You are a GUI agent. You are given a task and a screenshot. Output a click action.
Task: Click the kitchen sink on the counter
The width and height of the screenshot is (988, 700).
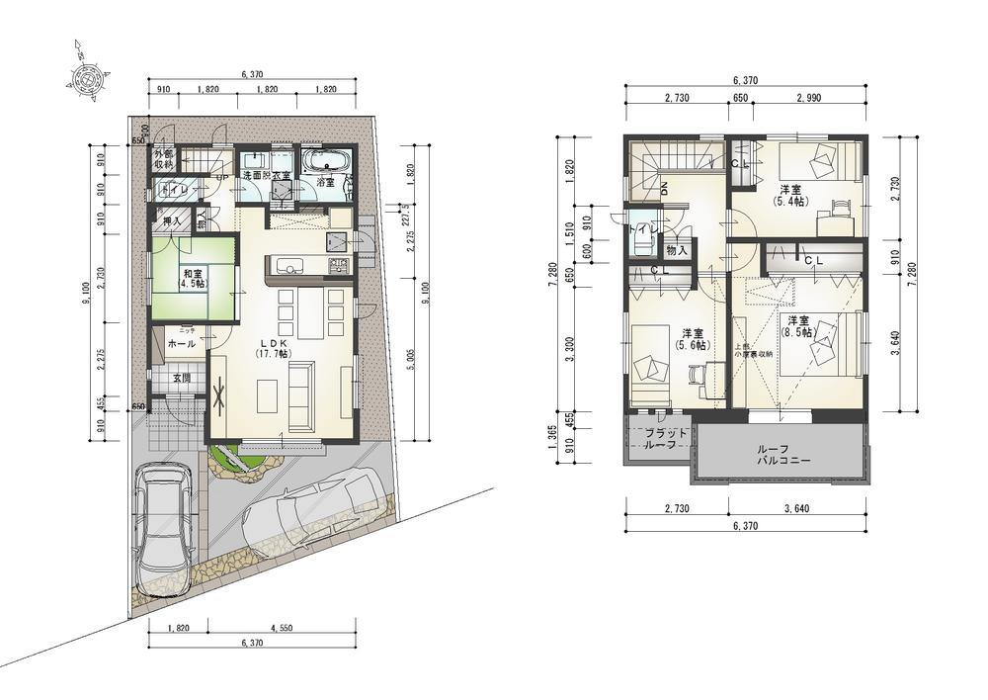288,264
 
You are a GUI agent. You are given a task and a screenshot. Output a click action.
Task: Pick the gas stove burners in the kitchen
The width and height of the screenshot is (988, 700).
338,265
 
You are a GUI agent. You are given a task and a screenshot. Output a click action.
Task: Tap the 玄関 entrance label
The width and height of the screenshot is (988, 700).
182,378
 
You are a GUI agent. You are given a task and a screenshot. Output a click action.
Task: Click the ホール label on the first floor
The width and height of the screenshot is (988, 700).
181,344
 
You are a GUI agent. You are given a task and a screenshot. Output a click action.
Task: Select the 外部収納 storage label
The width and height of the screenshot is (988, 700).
162,160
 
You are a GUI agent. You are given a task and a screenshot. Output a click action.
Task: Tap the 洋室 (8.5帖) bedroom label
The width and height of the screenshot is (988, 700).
798,327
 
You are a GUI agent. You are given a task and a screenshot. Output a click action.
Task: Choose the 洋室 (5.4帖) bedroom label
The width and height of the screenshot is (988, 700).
790,195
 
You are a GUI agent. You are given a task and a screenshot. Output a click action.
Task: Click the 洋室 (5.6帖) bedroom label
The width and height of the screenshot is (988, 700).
691,339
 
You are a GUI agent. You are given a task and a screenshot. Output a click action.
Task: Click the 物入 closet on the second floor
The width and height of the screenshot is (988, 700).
677,250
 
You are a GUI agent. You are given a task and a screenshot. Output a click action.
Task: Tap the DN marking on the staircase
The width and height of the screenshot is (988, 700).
664,188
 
